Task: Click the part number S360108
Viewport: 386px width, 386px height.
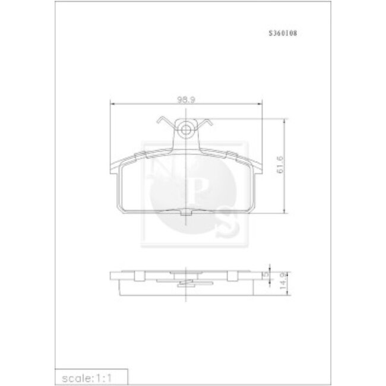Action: coord(284,34)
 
